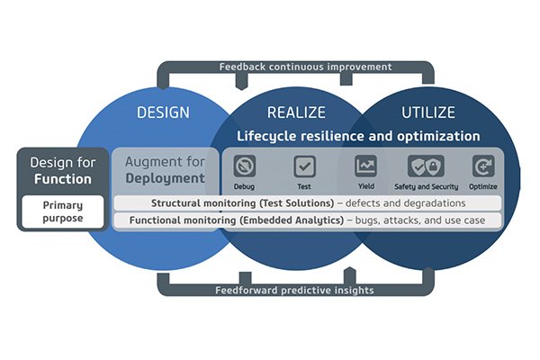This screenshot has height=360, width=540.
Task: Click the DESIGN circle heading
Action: (x=163, y=112)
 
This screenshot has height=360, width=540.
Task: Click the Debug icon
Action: (x=244, y=166)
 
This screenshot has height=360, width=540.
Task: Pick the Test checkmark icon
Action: (x=304, y=166)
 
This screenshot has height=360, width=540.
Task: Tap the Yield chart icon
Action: (x=365, y=166)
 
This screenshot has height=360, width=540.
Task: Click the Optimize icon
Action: (x=483, y=166)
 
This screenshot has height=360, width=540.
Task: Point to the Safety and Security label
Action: (x=427, y=186)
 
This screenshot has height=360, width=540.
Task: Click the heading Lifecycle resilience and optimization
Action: (x=358, y=137)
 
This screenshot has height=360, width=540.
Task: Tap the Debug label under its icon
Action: (x=244, y=186)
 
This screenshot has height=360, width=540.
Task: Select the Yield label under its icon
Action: (x=365, y=186)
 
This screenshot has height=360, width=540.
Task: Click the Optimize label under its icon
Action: (x=483, y=186)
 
